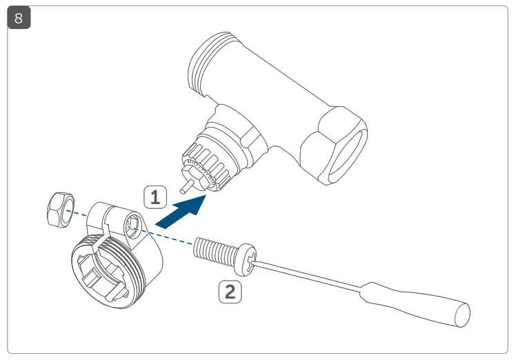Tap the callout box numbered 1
(x=155, y=198)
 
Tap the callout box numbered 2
(x=230, y=291)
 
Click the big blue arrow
(x=181, y=211)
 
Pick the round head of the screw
(x=247, y=255)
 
